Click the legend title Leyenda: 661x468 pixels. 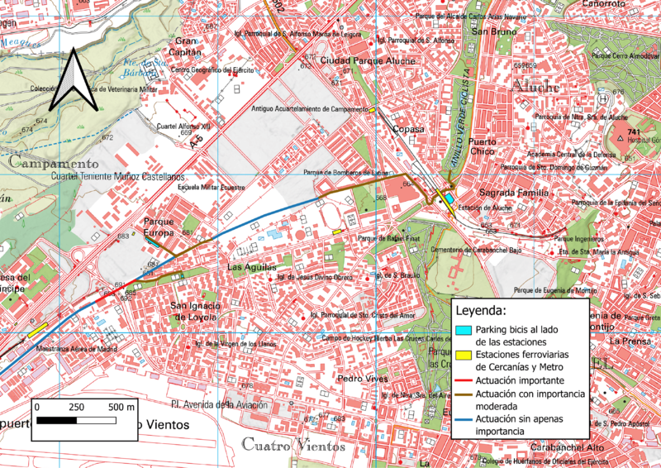pyautogui.click(x=483, y=312)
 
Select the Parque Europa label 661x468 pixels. pyautogui.click(x=159, y=227)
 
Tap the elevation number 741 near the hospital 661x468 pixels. pyautogui.click(x=634, y=132)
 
